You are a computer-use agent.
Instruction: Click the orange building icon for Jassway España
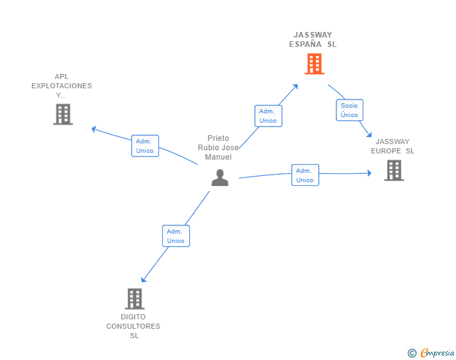point(314,64)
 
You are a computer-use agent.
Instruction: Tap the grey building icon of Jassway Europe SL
point(393,170)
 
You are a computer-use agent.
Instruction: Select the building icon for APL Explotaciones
point(63,115)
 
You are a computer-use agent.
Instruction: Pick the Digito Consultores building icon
point(134,299)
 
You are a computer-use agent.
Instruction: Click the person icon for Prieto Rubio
point(220,178)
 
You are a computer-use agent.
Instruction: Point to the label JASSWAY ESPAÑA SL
point(313,39)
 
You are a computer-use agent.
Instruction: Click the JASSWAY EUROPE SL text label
point(393,147)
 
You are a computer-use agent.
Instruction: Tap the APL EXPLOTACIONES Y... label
point(61,86)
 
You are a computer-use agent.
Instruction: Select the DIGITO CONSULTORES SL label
point(133,326)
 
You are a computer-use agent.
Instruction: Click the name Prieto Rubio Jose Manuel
point(218,147)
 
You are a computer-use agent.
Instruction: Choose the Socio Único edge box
point(350,110)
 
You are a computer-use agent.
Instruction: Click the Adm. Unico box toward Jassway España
point(268,116)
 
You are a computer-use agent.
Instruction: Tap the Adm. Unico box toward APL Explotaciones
point(145,146)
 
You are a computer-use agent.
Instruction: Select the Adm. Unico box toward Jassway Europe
point(305,175)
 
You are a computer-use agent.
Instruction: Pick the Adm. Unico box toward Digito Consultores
point(175,236)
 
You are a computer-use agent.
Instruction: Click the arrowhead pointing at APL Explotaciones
point(94,129)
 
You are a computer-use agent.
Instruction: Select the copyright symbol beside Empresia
point(412,353)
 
